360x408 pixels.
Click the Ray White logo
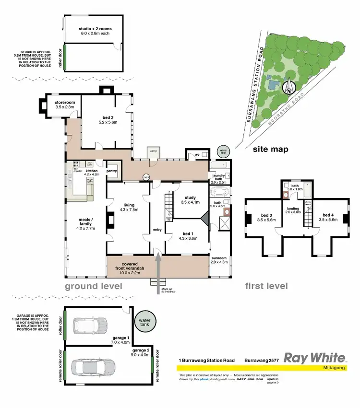pos(315,358)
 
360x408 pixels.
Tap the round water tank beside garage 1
pos(143,321)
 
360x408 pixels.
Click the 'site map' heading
pos(271,149)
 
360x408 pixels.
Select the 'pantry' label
pos(112,171)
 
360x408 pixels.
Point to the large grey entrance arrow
pos(158,271)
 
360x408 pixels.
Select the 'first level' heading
pos(266,286)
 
